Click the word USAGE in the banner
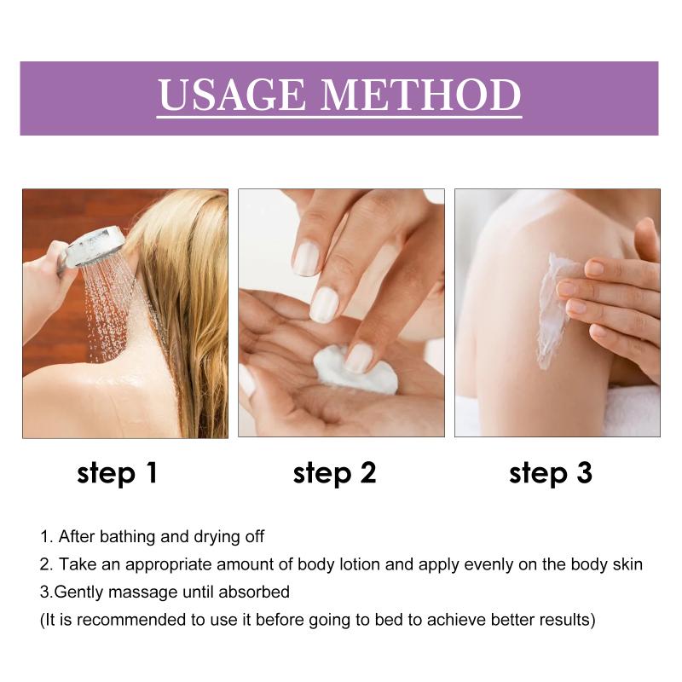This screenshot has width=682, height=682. click(x=231, y=95)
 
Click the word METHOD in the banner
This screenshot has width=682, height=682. click(x=420, y=95)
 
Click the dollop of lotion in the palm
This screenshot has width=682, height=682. click(x=355, y=370)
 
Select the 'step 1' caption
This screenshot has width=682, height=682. click(x=117, y=474)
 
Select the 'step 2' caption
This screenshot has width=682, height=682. click(x=334, y=474)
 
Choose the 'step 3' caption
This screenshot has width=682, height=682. click(x=550, y=474)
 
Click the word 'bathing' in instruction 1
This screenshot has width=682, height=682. click(x=128, y=537)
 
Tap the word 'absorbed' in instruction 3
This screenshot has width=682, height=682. click(x=254, y=592)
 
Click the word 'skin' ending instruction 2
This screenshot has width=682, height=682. click(x=627, y=564)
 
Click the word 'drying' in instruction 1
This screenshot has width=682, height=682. click(x=217, y=538)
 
